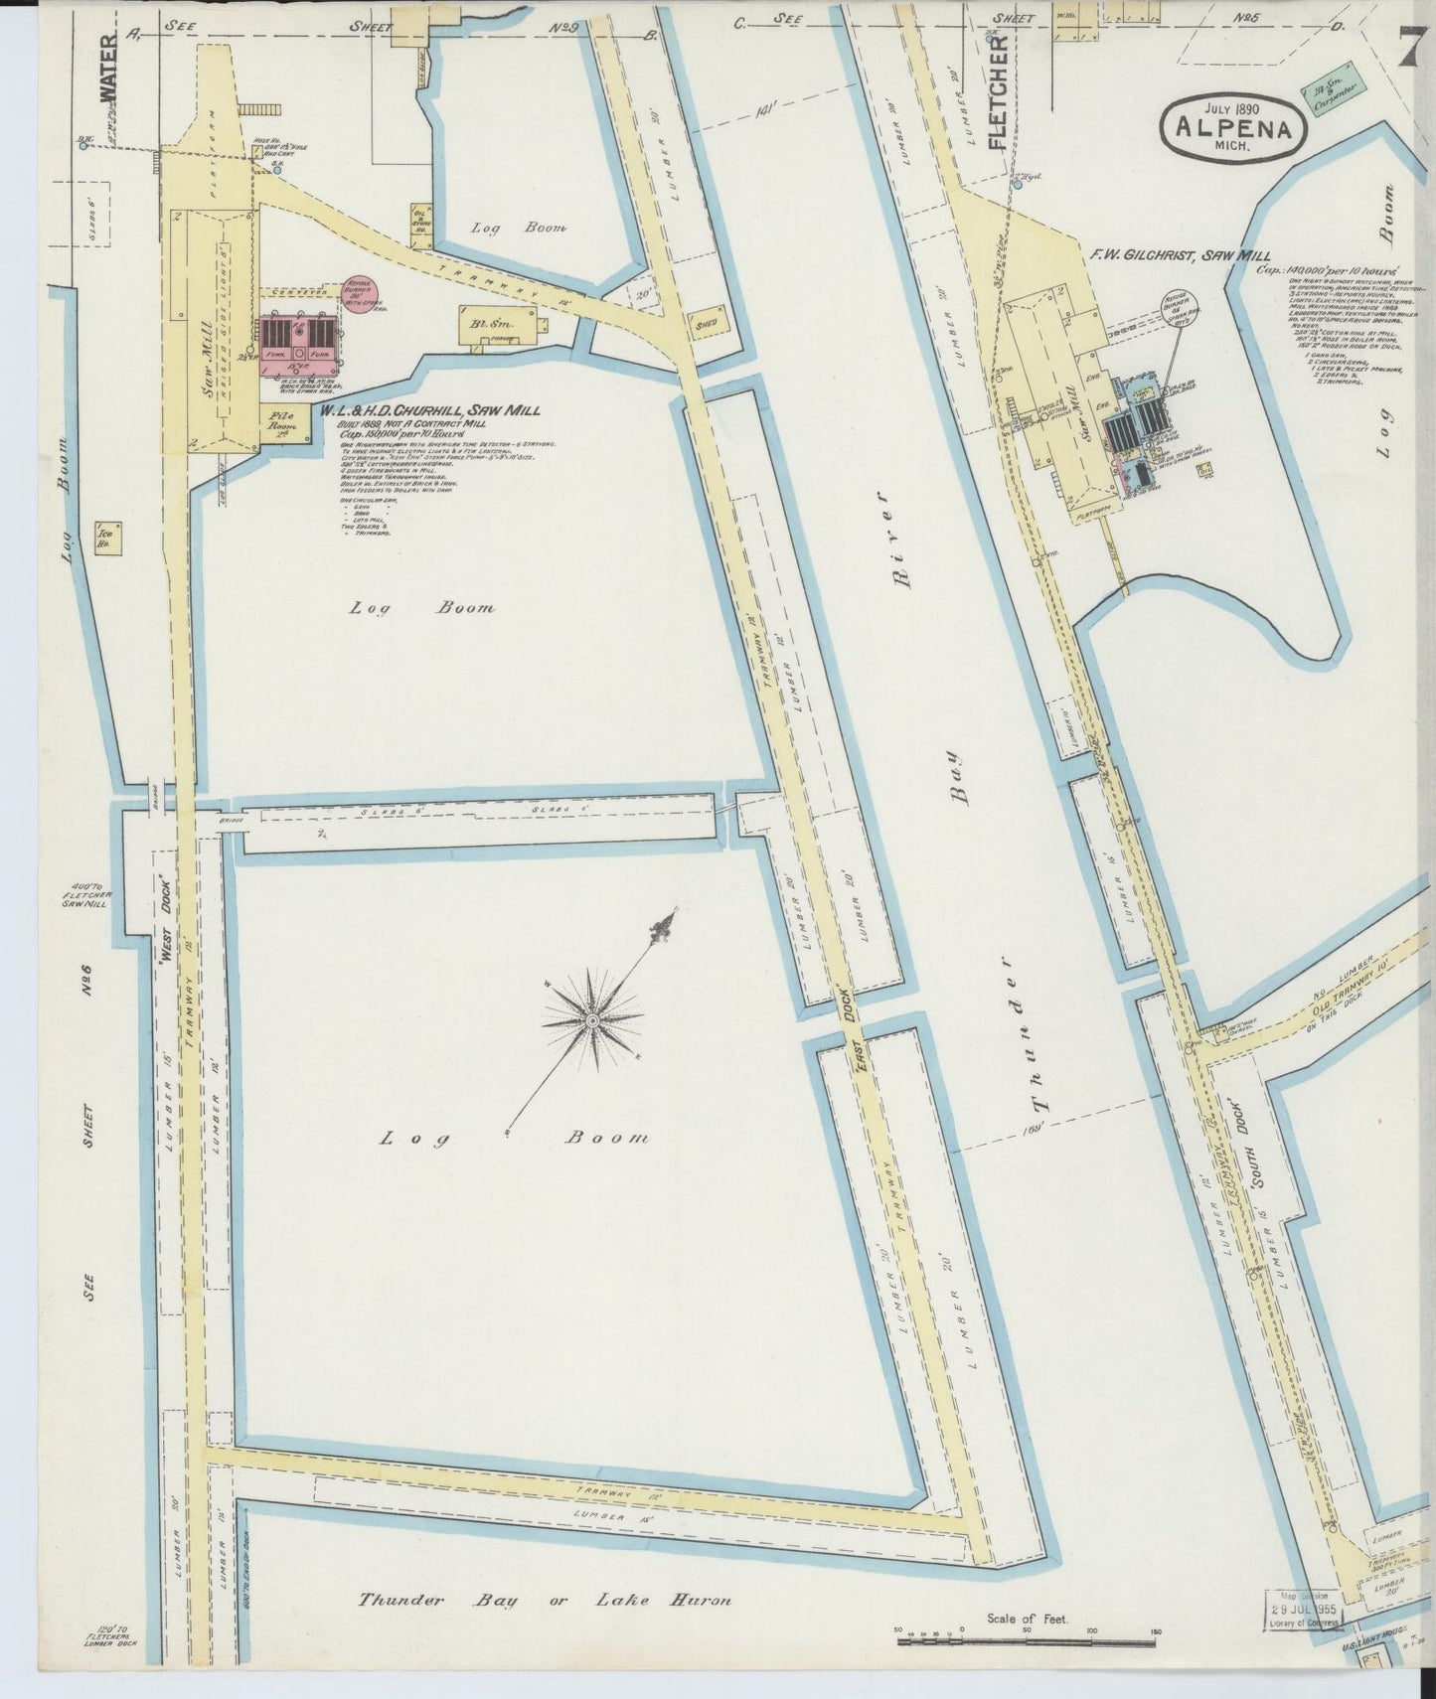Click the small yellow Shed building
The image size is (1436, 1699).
point(708,324)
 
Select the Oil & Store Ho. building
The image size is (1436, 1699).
point(419,225)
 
